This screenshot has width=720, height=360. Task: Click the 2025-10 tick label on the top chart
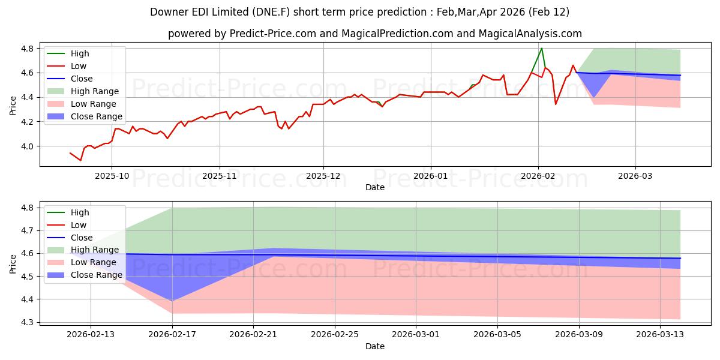pos(112,176)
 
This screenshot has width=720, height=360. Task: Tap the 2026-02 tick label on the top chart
pos(538,176)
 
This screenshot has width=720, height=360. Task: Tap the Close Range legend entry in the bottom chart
pos(97,275)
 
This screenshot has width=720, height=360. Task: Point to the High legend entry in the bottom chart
pos(80,212)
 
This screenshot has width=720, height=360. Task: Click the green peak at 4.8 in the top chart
pos(542,48)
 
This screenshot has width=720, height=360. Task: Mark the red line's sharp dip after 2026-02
pos(556,104)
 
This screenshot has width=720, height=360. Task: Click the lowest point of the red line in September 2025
pos(80,160)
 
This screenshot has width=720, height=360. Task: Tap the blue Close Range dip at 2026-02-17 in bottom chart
pos(172,301)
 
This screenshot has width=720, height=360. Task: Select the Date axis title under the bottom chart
pos(375,346)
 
